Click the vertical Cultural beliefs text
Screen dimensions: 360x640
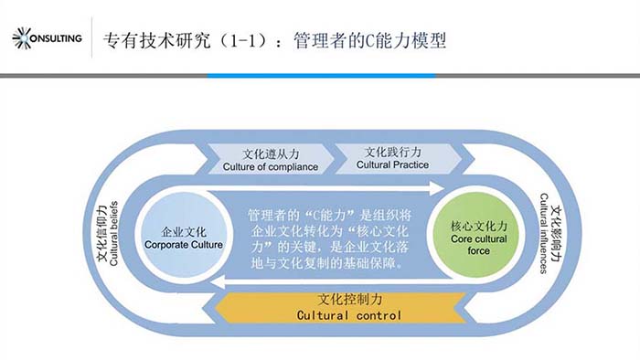(114, 233)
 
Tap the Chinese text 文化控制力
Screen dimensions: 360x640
(348, 299)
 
